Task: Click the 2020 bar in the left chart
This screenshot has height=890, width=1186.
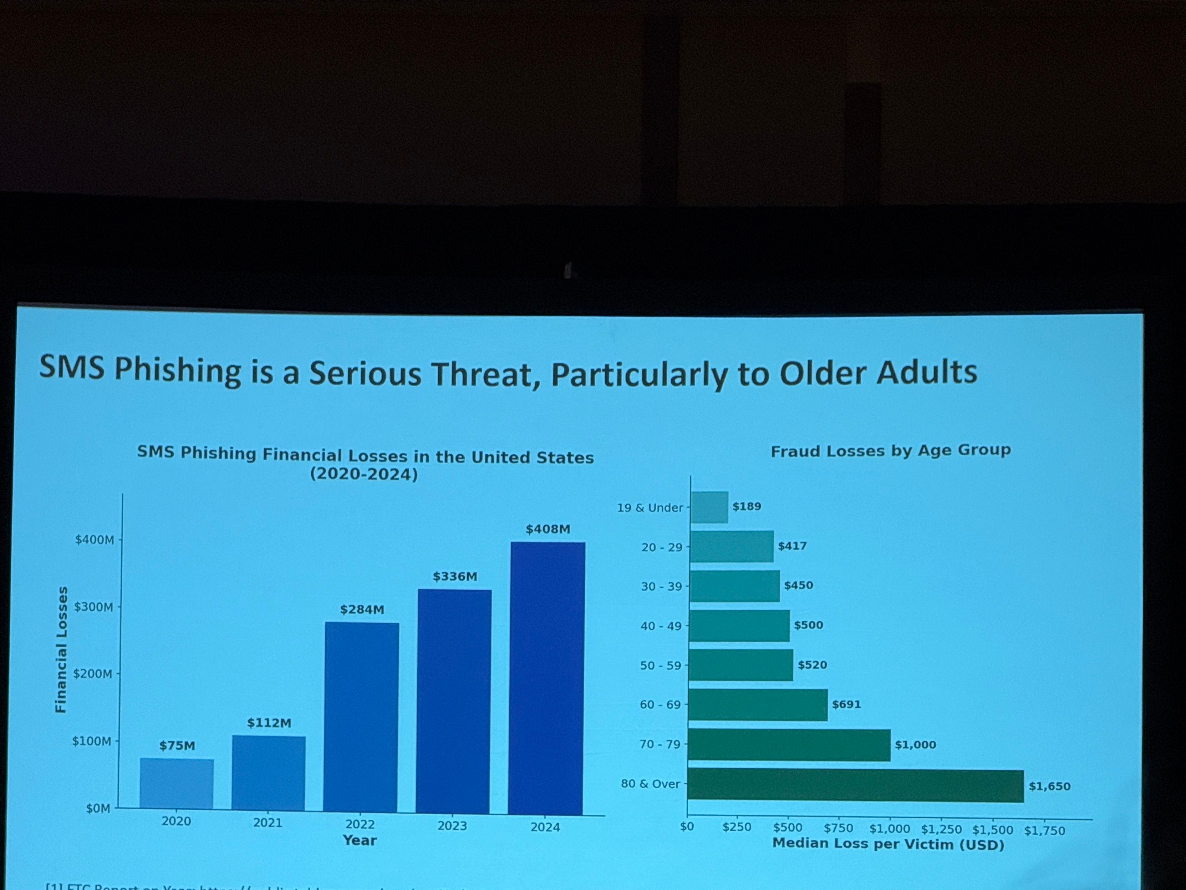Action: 177,783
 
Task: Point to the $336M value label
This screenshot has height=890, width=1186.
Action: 455,577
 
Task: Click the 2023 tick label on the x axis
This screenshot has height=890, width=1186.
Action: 453,826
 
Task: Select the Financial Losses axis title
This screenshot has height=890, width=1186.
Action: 62,649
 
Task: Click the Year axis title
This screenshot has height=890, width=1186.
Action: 360,840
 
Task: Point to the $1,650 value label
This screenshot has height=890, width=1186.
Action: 1049,787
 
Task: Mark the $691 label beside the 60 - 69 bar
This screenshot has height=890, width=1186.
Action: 846,704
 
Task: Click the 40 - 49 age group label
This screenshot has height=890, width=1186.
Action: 661,626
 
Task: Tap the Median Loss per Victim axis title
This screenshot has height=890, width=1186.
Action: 888,844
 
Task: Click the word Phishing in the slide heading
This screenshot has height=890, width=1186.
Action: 178,370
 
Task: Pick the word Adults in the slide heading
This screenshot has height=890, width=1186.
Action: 926,372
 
